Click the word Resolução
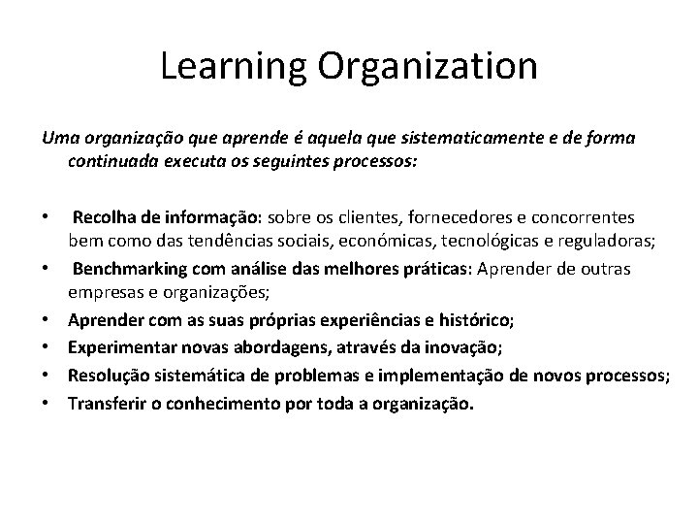[107, 376]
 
